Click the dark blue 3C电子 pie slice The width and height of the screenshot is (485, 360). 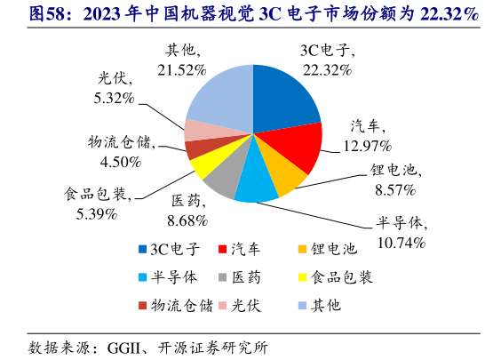point(284,98)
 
